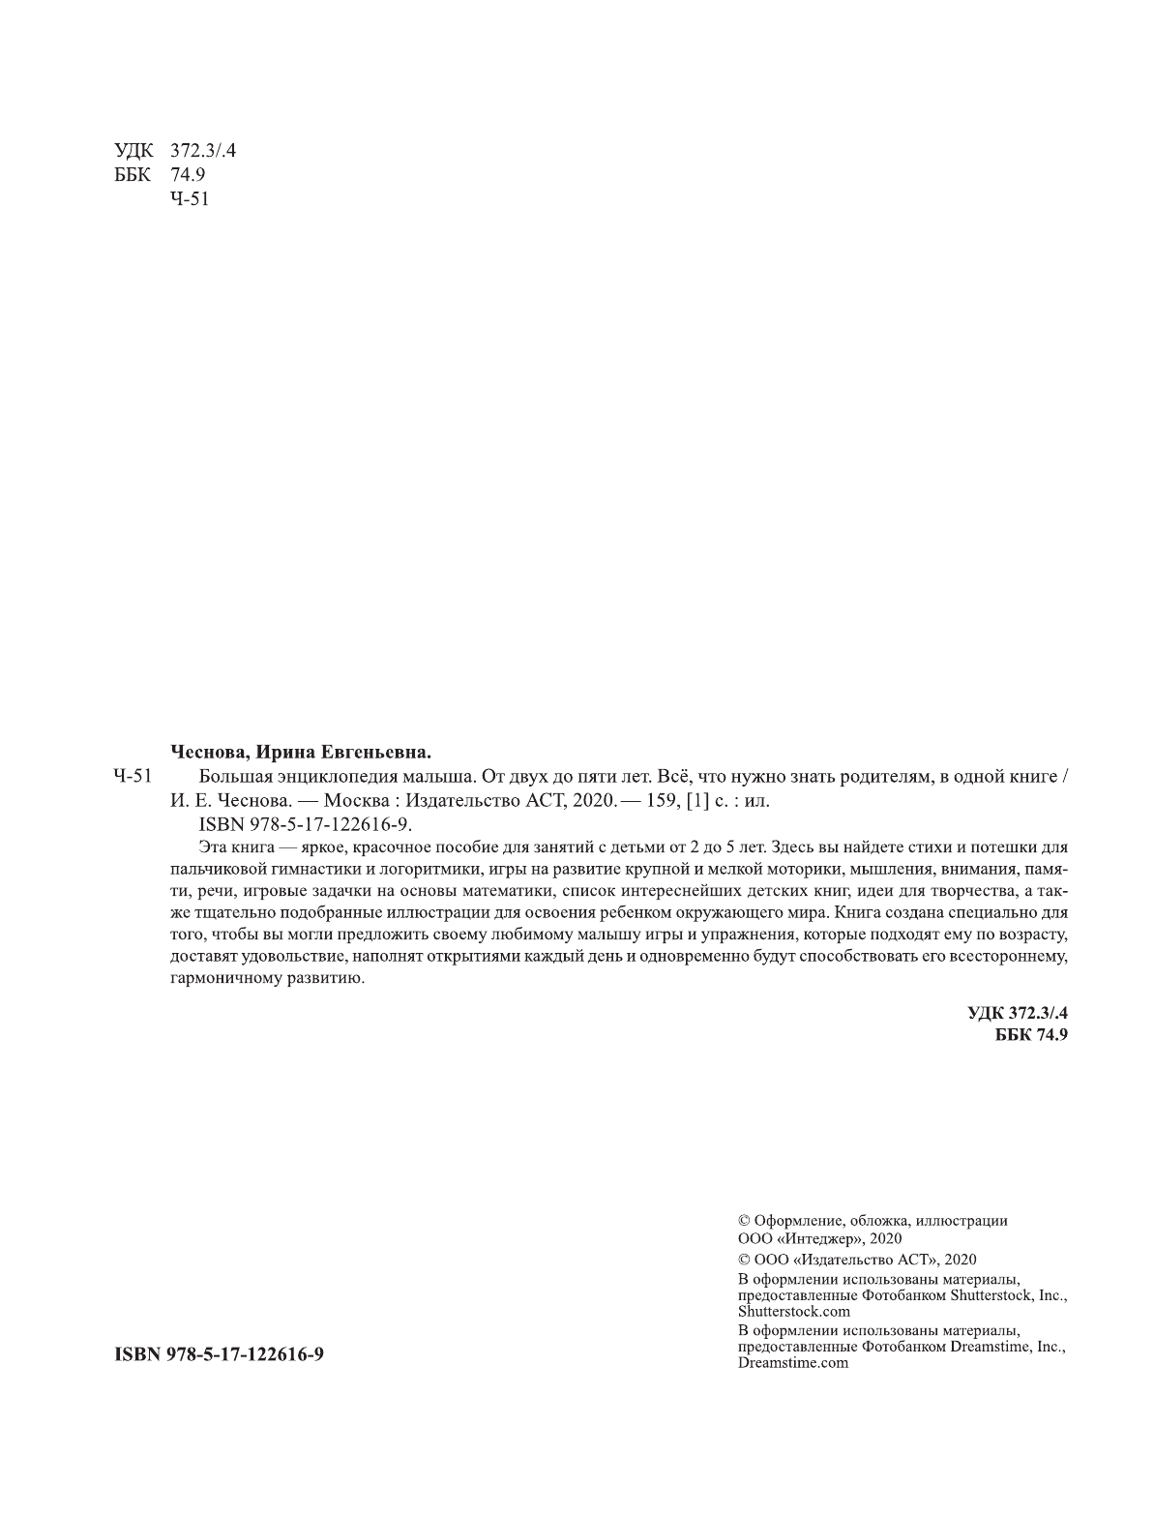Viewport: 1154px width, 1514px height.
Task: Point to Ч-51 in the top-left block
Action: click(x=189, y=199)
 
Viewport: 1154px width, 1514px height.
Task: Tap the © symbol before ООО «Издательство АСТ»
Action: click(x=744, y=1260)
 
